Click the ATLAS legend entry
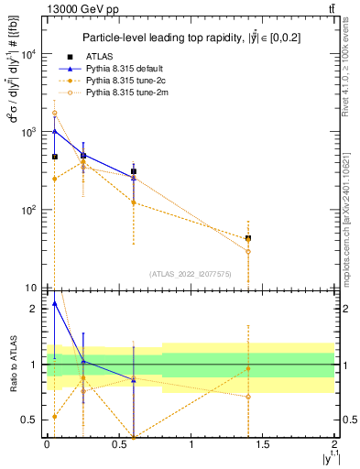[103, 57]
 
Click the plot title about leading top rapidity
[192, 38]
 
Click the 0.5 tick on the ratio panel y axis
[32, 420]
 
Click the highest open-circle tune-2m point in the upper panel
[54, 114]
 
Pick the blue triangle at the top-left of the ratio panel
[54, 303]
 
